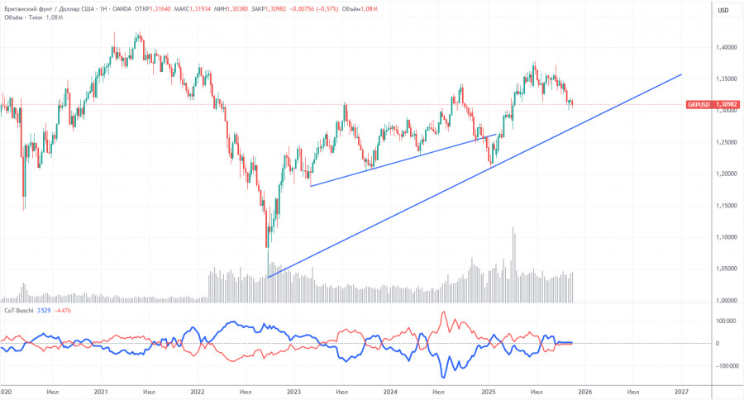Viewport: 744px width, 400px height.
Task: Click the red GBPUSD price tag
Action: [709, 105]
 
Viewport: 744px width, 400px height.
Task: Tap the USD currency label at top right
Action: [723, 10]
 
